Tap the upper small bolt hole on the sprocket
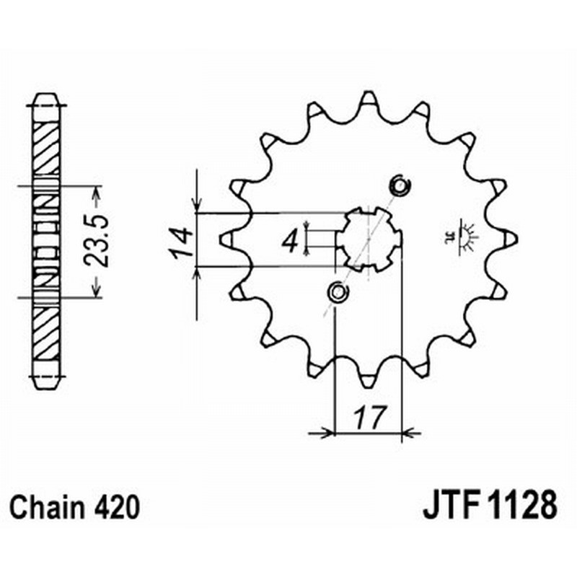coord(399,186)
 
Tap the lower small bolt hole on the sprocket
coord(336,292)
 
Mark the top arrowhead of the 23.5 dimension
coord(96,191)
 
